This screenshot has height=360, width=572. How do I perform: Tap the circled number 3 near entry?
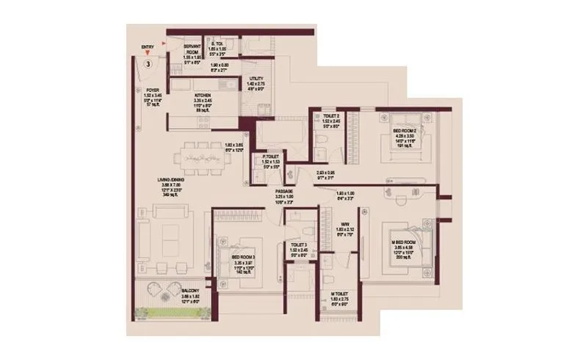click(148, 64)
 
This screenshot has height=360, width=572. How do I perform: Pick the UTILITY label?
click(256, 79)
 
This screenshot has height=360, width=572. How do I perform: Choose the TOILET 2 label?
click(330, 116)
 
